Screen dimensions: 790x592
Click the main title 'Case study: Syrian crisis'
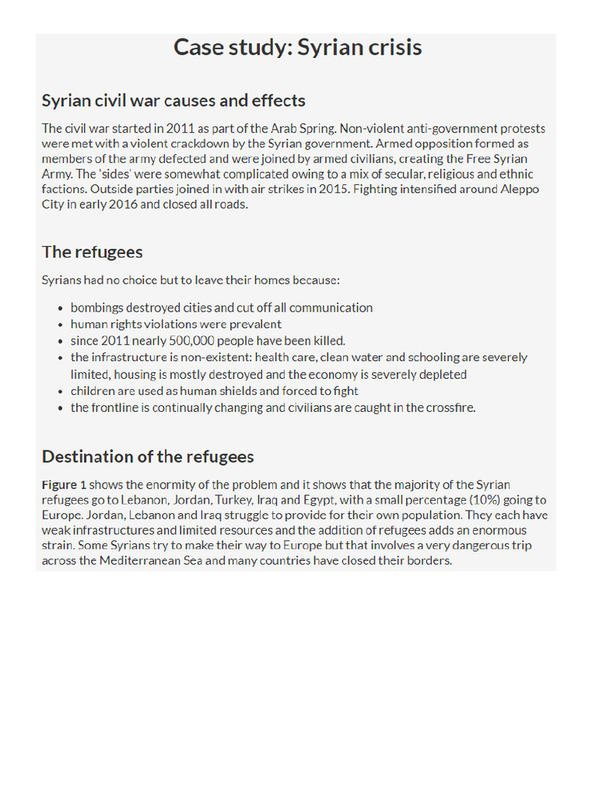coord(298,48)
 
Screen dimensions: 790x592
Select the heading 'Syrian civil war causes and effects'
coord(173,101)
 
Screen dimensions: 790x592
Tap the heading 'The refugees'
coord(92,252)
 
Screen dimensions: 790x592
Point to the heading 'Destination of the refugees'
coord(147,457)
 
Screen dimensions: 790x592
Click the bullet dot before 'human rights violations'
coord(61,325)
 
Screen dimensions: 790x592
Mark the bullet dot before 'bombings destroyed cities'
coord(61,308)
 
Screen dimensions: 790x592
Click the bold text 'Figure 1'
coord(64,484)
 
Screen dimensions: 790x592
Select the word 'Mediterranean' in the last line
coord(139,561)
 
